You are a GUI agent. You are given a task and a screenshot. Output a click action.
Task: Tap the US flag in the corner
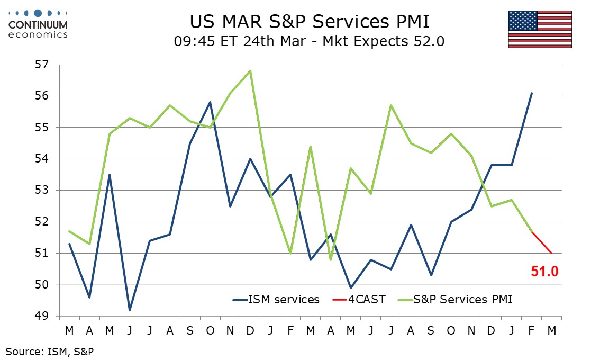[x=540, y=29]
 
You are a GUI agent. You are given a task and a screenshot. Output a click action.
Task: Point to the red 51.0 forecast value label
[x=545, y=272]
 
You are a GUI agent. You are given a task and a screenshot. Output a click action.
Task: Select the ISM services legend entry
[x=276, y=299]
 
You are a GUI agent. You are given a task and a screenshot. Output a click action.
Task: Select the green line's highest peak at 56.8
[x=250, y=71]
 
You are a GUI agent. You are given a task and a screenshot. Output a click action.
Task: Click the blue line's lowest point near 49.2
[x=129, y=310]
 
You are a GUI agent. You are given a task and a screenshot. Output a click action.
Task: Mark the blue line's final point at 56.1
[x=531, y=93]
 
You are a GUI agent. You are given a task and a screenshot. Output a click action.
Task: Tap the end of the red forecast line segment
[x=551, y=253]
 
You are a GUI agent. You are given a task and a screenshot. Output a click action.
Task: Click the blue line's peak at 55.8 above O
[x=210, y=102]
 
